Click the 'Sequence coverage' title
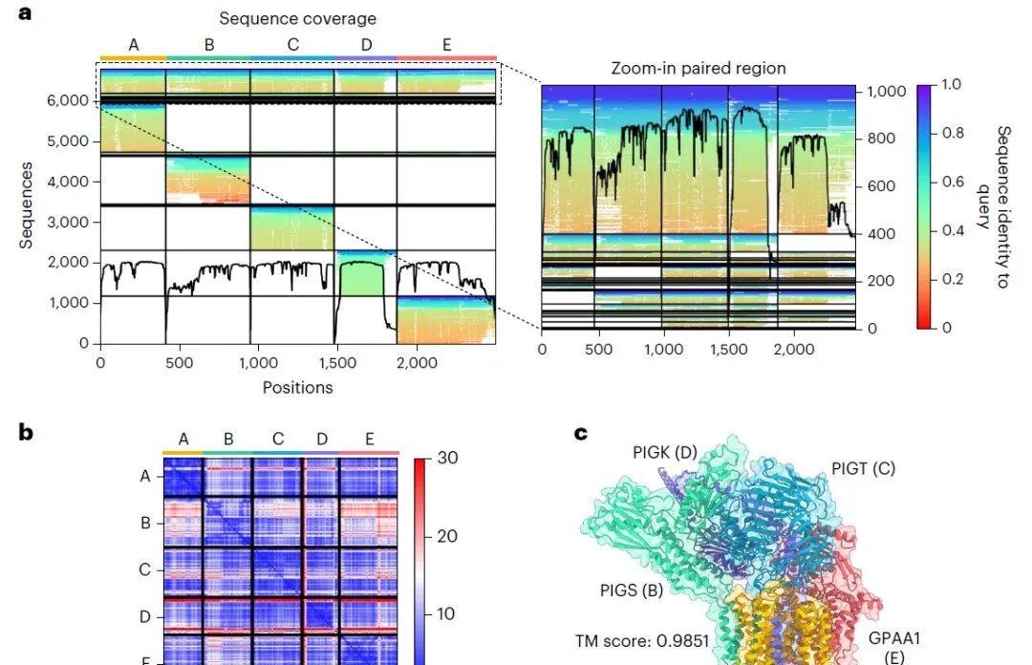[x=297, y=18]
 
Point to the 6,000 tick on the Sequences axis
[x=72, y=100]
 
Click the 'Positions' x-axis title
[x=297, y=387]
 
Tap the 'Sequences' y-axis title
[x=27, y=204]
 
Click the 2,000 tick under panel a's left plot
[x=417, y=363]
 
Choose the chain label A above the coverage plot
[x=133, y=44]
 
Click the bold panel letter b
[x=27, y=433]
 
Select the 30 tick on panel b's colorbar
[x=446, y=458]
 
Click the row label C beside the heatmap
[x=145, y=570]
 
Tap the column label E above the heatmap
[x=369, y=440]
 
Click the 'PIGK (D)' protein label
[x=666, y=452]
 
